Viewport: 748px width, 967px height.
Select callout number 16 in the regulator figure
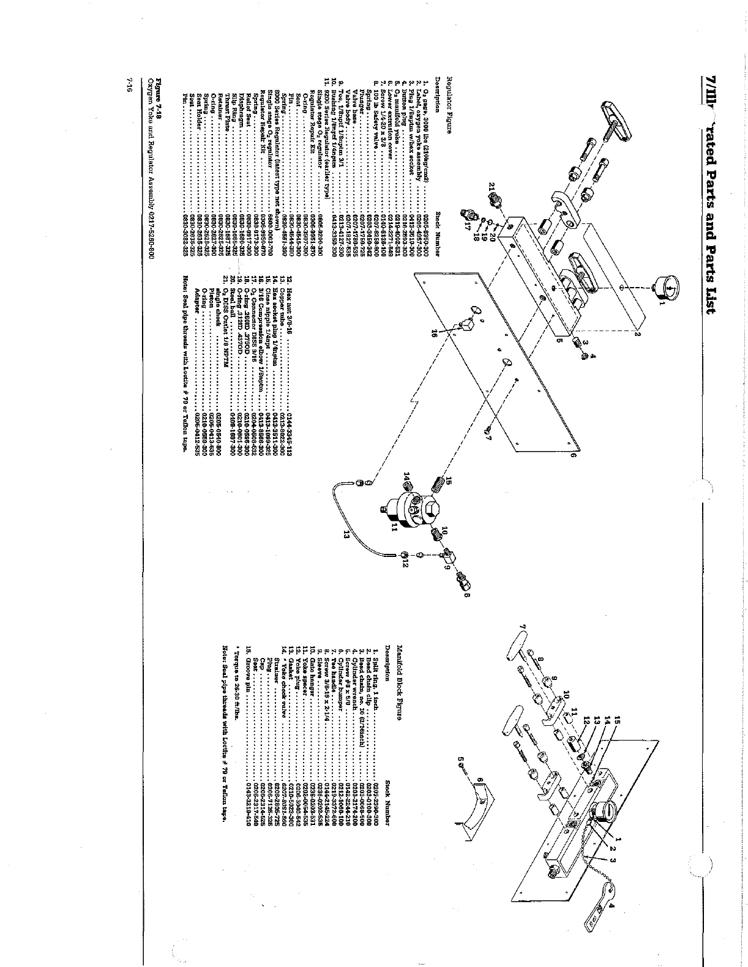[435, 334]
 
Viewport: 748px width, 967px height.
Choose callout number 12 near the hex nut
[405, 564]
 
